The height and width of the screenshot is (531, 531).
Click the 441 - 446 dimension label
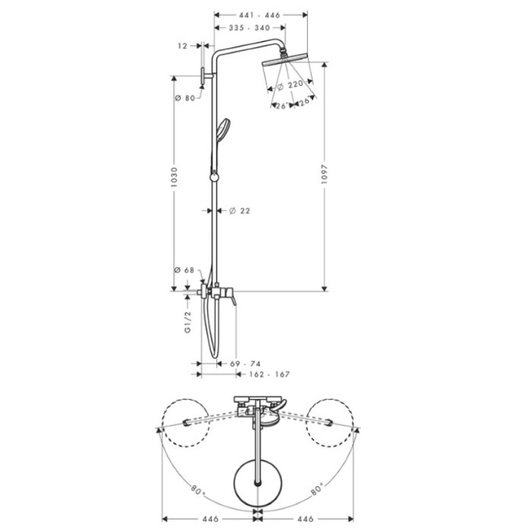tap(259, 15)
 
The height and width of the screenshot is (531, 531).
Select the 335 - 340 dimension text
tap(250, 28)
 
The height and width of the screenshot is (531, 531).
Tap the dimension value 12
tap(183, 46)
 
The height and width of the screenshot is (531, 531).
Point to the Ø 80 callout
tap(185, 98)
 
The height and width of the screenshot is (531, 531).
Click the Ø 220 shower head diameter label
tap(291, 85)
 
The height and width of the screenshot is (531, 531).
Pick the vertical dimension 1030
tap(174, 177)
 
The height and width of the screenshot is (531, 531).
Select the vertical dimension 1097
tap(325, 174)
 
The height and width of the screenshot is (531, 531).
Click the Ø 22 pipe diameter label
tap(240, 211)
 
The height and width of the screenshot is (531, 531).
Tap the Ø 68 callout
tap(184, 270)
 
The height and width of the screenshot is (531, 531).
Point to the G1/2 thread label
tap(188, 322)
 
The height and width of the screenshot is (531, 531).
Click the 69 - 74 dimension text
tap(245, 363)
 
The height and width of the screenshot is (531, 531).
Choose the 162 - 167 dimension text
tap(269, 374)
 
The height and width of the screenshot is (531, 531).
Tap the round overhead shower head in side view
tap(284, 59)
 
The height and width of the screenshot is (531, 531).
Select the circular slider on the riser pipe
tap(214, 177)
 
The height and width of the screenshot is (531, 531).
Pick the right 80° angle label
tap(318, 489)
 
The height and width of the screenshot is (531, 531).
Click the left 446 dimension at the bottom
tap(210, 519)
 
